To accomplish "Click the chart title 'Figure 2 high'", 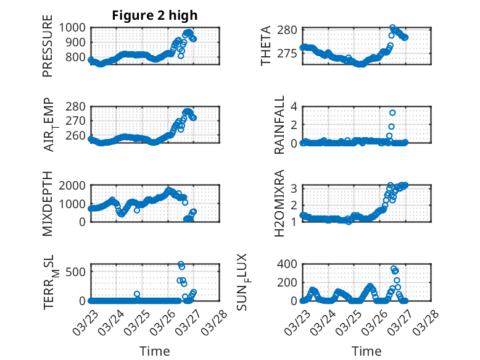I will pyautogui.click(x=155, y=15).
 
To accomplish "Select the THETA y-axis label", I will pyautogui.click(x=266, y=46).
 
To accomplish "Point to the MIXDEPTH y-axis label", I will pyautogui.click(x=48, y=203).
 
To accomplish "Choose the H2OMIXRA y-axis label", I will pyautogui.click(x=279, y=203).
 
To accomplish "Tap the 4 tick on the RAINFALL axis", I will pyautogui.click(x=295, y=106).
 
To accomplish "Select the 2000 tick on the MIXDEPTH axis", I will pyautogui.click(x=73, y=185).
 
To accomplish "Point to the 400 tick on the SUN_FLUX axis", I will pyautogui.click(x=289, y=264).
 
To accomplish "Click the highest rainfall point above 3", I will pyautogui.click(x=392, y=112).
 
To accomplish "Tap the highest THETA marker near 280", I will pyautogui.click(x=393, y=28).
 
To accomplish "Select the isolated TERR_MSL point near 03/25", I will pyautogui.click(x=137, y=294).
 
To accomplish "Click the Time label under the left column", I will pyautogui.click(x=155, y=351).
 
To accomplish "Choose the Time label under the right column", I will pyautogui.click(x=366, y=351).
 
